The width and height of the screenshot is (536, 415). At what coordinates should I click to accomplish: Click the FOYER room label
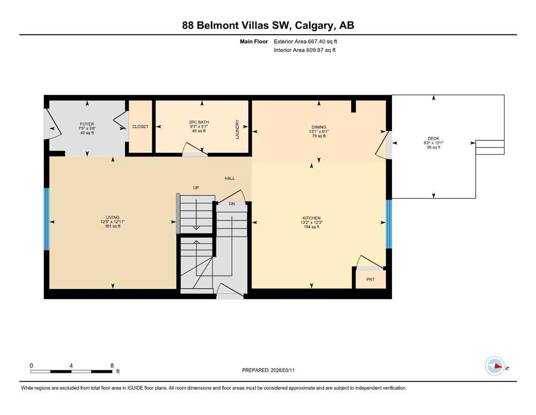pos(87,124)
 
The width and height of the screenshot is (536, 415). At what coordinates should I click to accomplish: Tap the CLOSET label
pos(140,126)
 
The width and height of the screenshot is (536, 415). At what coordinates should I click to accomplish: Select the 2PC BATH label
pos(199,122)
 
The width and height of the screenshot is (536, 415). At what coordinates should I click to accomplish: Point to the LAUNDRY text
pos(238,129)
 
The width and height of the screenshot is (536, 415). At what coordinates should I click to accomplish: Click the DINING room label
pos(318,127)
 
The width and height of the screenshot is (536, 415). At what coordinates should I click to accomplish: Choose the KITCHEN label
pos(311,218)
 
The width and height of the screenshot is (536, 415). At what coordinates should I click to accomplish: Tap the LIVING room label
pos(112,217)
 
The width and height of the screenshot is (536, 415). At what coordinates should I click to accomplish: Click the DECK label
pos(433,138)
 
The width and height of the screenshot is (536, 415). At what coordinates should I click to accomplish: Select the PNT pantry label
pos(370,279)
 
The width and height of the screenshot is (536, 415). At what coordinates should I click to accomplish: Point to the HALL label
pos(230,178)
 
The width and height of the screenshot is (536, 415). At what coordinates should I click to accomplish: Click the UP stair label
pos(196,188)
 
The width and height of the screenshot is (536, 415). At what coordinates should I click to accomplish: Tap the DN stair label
pos(232,204)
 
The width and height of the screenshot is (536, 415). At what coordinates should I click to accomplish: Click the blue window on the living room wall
pos(47,219)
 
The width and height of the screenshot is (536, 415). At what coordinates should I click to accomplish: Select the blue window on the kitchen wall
pos(389,224)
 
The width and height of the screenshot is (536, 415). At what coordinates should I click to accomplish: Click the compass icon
pos(495,366)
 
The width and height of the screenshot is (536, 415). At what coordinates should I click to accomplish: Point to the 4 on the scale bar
pos(71,365)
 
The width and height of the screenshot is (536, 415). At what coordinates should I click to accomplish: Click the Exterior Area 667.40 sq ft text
pos(306,42)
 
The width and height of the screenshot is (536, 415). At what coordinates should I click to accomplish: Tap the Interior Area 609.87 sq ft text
pos(304,50)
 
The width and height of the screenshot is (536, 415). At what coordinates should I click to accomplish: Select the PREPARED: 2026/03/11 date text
pos(268,370)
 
